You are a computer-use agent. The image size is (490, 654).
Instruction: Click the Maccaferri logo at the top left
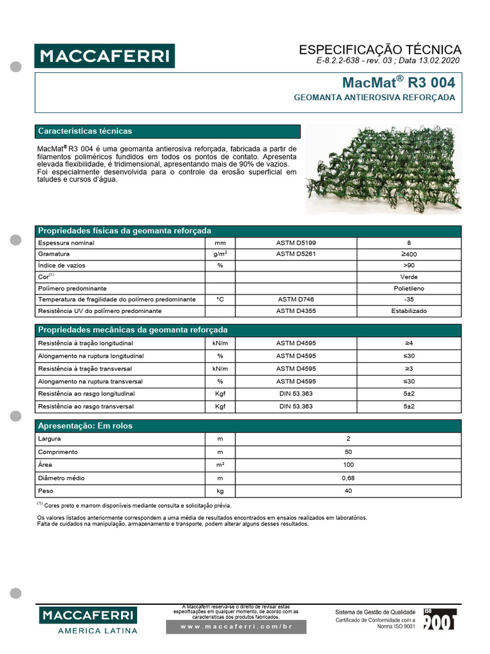point(104,56)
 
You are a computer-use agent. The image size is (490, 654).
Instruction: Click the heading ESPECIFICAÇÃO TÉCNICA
point(380,50)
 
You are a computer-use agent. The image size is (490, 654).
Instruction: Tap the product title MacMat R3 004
point(399,83)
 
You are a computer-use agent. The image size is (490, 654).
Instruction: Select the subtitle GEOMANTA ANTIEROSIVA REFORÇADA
point(374,98)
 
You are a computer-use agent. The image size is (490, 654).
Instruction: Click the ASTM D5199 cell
point(295,243)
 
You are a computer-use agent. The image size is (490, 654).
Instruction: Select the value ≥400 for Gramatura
point(408,254)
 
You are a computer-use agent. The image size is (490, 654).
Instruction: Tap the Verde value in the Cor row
point(408,277)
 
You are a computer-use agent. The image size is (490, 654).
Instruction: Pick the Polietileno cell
point(408,288)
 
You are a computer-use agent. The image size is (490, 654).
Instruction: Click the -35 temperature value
point(408,300)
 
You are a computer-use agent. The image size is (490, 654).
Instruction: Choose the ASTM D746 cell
point(295,300)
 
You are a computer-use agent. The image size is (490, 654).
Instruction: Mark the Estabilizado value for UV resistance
point(408,311)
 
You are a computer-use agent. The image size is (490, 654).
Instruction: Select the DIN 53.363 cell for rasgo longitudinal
point(295,393)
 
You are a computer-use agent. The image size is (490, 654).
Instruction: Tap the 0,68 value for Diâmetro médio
point(348,478)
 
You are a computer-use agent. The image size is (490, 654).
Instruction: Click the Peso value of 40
point(348,490)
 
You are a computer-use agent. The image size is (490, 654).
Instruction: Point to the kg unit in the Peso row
point(220,490)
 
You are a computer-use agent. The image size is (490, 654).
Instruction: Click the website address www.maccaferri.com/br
point(236,627)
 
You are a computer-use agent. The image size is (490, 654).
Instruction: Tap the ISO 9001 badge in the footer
point(440,619)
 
